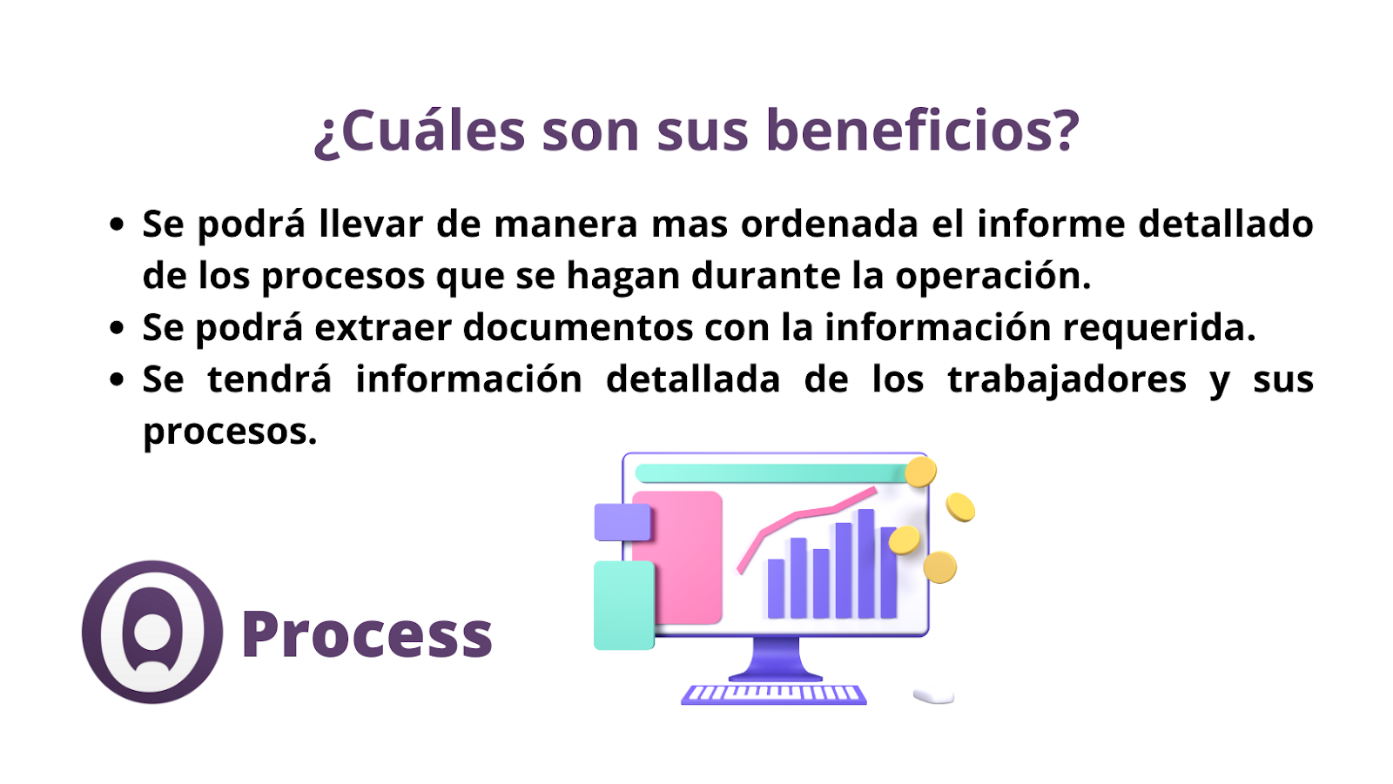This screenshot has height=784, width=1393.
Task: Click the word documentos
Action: click(x=578, y=327)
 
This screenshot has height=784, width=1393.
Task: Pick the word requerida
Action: click(x=1159, y=328)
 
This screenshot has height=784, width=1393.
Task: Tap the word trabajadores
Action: click(x=1067, y=380)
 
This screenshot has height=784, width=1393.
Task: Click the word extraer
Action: click(x=382, y=328)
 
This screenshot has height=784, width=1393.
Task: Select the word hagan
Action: click(x=623, y=278)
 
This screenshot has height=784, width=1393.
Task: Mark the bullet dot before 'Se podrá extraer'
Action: click(x=117, y=327)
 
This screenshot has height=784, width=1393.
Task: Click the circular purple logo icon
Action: click(x=152, y=633)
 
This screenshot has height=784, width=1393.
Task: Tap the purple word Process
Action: click(x=367, y=633)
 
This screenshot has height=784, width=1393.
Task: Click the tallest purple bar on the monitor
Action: click(x=866, y=563)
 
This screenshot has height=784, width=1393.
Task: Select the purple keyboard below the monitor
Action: click(x=774, y=694)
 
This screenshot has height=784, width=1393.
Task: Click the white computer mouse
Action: click(x=934, y=696)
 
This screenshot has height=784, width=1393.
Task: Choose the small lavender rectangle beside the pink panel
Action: click(x=622, y=522)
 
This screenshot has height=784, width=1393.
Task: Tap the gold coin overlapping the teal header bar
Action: click(x=920, y=472)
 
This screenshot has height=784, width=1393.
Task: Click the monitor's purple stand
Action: click(x=776, y=659)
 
